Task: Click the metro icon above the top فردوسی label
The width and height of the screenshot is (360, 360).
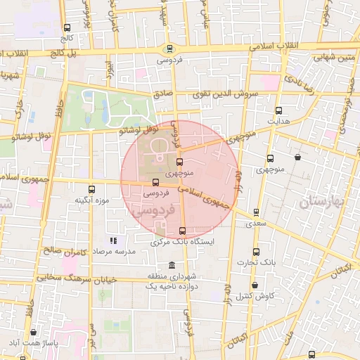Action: coord(169,49)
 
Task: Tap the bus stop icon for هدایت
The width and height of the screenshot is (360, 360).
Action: coord(279,110)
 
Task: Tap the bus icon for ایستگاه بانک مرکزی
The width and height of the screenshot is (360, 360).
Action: coord(183,231)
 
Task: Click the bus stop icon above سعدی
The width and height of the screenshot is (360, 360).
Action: coord(256,212)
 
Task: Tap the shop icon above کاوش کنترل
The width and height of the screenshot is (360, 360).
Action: coord(254,284)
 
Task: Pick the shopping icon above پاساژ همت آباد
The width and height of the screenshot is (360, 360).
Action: coord(33,333)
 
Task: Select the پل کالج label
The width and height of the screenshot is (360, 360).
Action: coord(67,53)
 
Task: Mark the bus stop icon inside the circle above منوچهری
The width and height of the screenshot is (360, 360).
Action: coord(179,162)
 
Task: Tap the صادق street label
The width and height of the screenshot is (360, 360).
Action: coord(162,93)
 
